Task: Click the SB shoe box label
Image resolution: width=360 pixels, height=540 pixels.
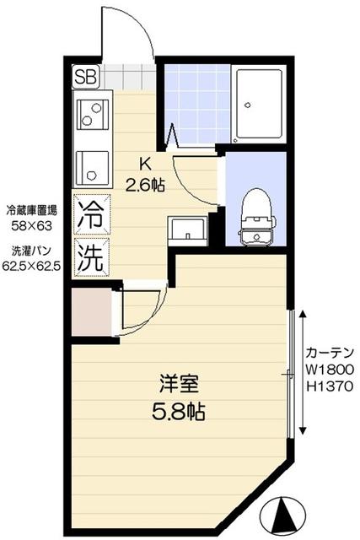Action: pos(86,77)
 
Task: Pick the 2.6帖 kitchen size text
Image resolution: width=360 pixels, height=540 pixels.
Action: pos(145,185)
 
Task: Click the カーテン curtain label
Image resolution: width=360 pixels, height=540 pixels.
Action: pos(330,352)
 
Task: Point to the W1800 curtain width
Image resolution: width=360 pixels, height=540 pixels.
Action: pos(330,369)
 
